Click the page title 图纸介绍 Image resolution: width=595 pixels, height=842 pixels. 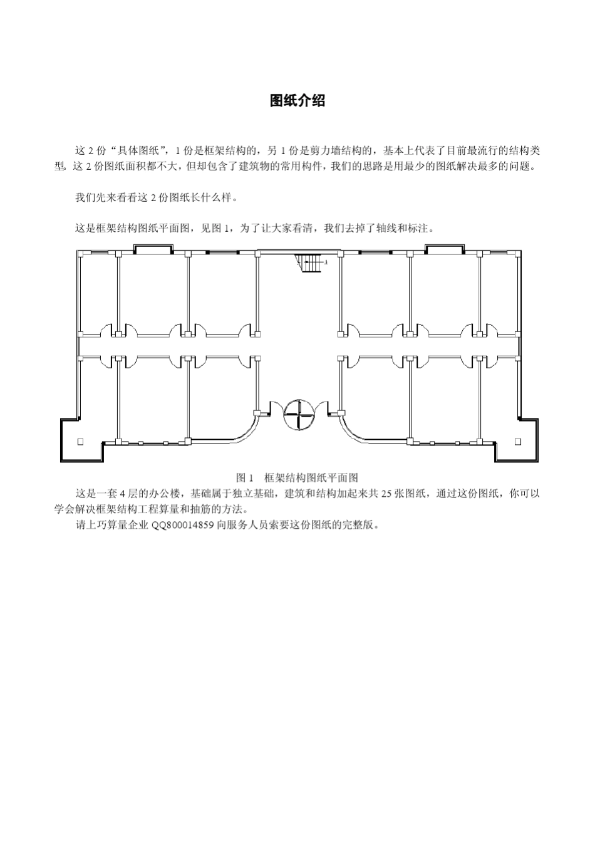[x=297, y=101]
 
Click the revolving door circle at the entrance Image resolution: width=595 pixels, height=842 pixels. [x=297, y=414]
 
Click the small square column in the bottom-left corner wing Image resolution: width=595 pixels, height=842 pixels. [x=80, y=442]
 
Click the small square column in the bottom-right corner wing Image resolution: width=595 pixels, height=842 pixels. [x=518, y=442]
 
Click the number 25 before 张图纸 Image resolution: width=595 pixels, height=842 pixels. [x=386, y=494]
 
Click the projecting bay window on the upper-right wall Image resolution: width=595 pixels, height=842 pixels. [x=444, y=249]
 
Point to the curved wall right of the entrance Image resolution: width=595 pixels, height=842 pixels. [x=362, y=432]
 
